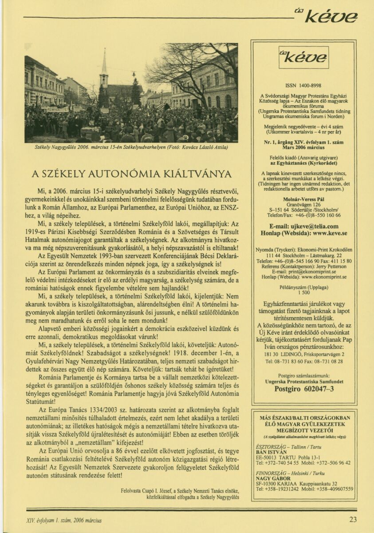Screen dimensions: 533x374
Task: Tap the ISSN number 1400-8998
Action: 304,85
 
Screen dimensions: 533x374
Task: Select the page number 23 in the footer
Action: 353,520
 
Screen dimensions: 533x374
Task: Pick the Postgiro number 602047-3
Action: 304,388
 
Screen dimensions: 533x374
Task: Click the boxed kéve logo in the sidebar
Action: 304,57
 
